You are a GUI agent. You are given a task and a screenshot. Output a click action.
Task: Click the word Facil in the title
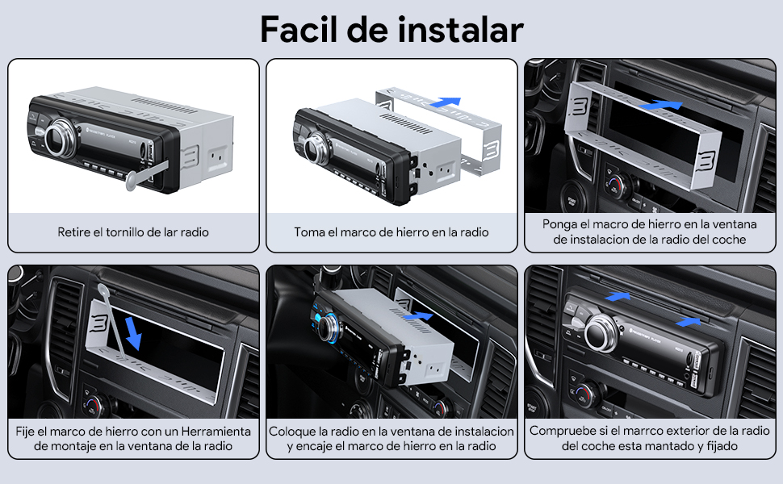[299, 29]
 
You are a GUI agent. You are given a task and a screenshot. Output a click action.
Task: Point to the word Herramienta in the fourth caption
[216, 431]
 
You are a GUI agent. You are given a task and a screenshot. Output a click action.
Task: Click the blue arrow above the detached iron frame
[445, 102]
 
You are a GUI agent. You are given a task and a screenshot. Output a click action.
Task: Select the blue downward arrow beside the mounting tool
[133, 333]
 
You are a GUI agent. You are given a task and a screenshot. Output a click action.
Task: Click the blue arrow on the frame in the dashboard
[660, 105]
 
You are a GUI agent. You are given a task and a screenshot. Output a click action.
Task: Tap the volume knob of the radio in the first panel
[61, 138]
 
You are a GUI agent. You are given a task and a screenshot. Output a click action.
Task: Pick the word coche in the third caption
[729, 240]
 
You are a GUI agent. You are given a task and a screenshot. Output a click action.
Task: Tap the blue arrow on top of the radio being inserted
[418, 316]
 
